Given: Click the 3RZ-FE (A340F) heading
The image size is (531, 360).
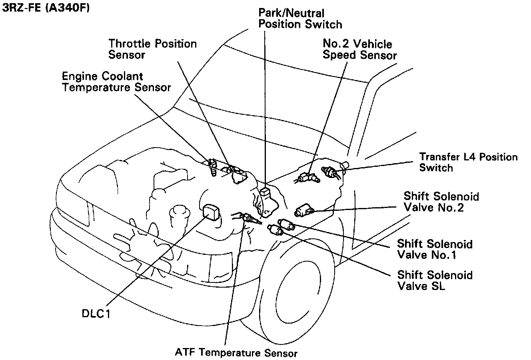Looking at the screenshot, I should [x=46, y=8].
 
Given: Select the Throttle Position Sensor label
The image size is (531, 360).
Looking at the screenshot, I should [x=152, y=49].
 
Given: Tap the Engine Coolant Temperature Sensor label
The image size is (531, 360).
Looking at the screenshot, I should [x=116, y=82].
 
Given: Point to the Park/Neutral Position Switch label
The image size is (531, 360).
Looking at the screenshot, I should [x=300, y=19].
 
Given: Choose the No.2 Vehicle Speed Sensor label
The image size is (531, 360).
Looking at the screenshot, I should [x=359, y=49].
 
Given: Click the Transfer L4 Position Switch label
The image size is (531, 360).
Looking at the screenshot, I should [x=468, y=162].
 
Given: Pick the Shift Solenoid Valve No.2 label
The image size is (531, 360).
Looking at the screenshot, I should [x=441, y=202].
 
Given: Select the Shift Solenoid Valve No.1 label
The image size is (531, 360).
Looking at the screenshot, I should [x=434, y=249].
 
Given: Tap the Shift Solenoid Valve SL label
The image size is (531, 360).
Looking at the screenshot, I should [x=435, y=280].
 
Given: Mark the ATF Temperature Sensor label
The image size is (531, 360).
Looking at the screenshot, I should [x=236, y=353].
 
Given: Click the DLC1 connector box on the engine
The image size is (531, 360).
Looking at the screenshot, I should [x=212, y=212].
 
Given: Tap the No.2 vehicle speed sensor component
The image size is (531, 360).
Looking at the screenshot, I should [x=308, y=177].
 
